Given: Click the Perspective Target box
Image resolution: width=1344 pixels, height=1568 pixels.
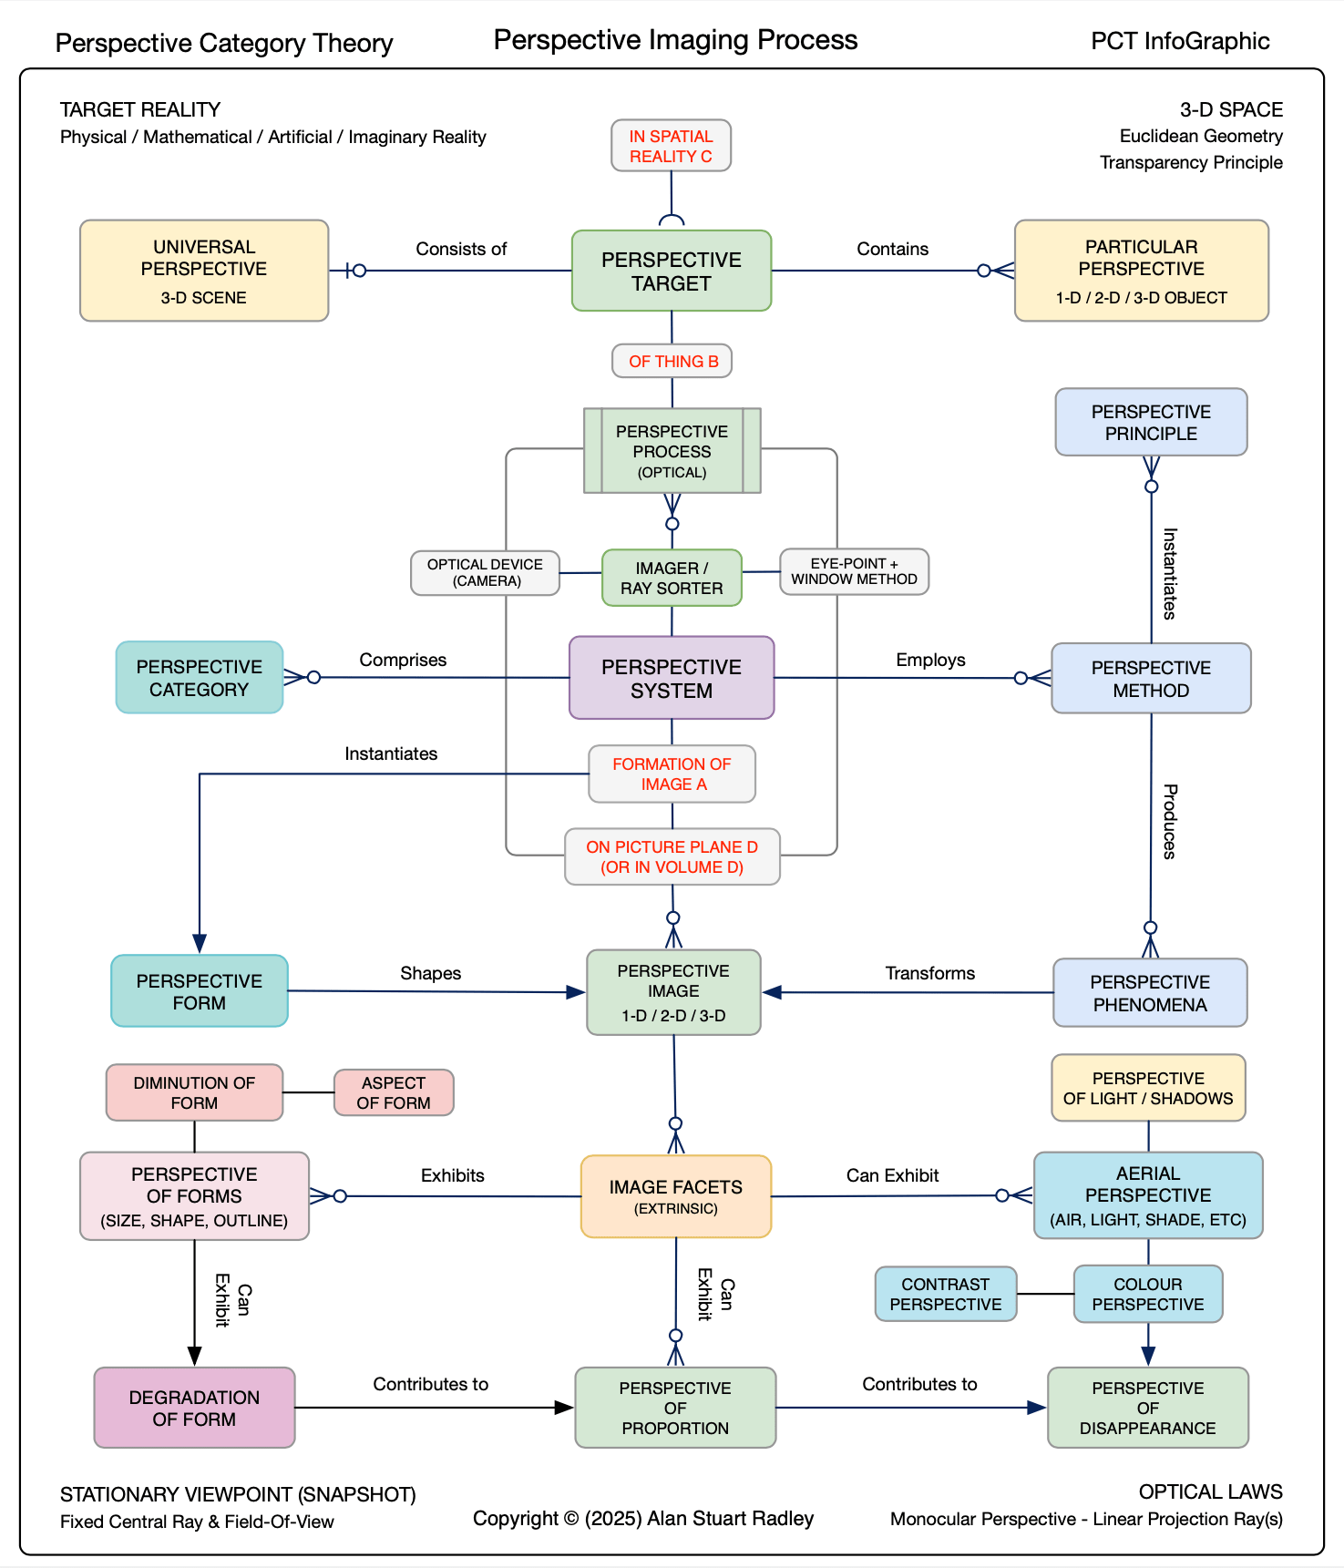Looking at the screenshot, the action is (672, 271).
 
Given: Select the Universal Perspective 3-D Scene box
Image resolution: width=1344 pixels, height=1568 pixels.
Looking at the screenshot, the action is (204, 271).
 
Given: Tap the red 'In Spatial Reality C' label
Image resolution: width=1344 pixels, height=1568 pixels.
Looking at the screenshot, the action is (671, 146).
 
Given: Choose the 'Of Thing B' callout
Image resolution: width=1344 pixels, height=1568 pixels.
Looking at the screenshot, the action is (672, 361).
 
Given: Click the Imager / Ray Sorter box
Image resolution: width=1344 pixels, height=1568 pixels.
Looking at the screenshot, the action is (672, 578).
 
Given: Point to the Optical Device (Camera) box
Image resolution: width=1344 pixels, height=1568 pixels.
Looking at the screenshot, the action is (485, 573).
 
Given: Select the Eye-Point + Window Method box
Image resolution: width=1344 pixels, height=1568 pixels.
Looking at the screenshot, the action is (854, 571).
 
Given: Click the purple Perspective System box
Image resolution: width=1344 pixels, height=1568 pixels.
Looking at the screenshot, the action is (672, 678).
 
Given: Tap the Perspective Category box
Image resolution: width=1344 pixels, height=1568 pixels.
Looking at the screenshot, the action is (200, 677).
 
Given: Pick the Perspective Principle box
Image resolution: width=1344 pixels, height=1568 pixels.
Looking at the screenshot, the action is (1151, 422).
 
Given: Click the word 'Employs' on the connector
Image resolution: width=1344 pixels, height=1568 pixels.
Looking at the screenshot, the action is (930, 660).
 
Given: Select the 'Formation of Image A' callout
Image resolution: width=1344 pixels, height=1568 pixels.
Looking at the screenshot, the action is (672, 774).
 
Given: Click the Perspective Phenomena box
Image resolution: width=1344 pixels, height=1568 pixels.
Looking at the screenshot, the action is (1150, 992).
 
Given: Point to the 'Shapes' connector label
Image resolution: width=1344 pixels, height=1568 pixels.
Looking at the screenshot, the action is (430, 973).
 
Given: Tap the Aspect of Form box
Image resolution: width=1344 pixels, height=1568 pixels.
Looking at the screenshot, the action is (394, 1092).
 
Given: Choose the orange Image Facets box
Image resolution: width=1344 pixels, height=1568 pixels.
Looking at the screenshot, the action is (676, 1196).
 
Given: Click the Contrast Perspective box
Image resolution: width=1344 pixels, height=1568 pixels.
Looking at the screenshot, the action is (946, 1294).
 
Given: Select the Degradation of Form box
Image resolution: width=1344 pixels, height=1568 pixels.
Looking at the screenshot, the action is (194, 1408).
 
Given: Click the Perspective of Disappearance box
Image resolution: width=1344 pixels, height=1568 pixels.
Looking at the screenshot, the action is (1148, 1408).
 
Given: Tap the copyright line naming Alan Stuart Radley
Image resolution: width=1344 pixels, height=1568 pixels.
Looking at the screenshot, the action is (643, 1518).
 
